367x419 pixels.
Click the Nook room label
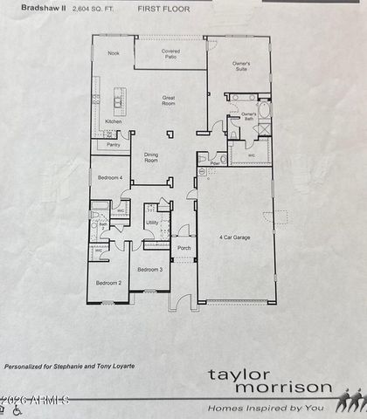click(114, 54)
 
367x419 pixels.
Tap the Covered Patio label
click(171, 55)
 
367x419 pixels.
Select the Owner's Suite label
click(241, 66)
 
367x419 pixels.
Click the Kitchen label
click(114, 120)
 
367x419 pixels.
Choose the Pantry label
click(114, 145)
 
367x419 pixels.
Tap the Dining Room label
click(151, 157)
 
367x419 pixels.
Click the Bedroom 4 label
click(109, 177)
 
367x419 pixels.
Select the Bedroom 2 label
click(107, 283)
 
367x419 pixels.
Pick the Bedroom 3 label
click(149, 270)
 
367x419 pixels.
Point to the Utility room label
click(152, 223)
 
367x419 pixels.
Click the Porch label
click(183, 247)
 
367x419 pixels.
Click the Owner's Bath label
click(248, 116)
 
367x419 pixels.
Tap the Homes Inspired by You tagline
click(264, 408)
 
